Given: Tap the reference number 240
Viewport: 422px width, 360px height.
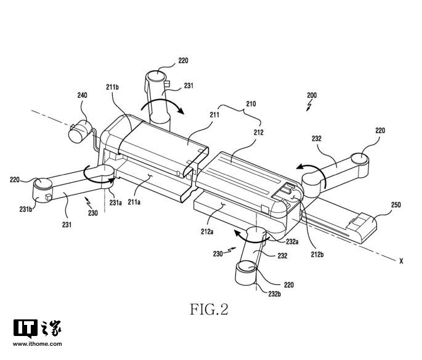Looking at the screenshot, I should (82, 95).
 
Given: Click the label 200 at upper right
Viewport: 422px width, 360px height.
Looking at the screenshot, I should (312, 95).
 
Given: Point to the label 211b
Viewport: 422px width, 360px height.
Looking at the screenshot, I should (112, 87).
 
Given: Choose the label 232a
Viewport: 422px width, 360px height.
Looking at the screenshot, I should (291, 242).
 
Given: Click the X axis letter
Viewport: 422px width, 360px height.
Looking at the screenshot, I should (401, 261).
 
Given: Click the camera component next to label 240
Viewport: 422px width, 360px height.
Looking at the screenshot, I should (78, 130).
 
